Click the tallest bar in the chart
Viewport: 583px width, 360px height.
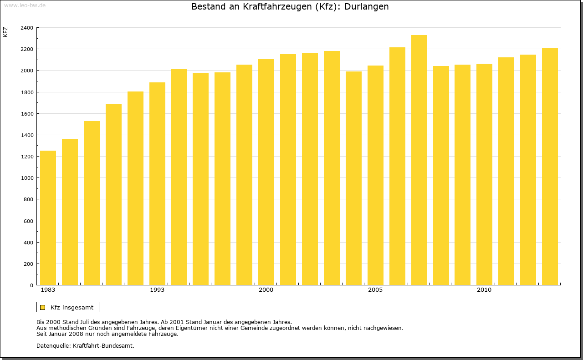pyautogui.click(x=419, y=160)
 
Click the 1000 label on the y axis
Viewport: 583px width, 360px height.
pyautogui.click(x=27, y=178)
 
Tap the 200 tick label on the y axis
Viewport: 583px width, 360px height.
pyautogui.click(x=28, y=264)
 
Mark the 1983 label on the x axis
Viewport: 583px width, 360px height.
pyautogui.click(x=48, y=290)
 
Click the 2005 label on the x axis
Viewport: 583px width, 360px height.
pyautogui.click(x=375, y=290)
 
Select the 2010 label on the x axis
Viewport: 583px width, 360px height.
pyautogui.click(x=484, y=290)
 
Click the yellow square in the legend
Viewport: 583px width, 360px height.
pyautogui.click(x=43, y=307)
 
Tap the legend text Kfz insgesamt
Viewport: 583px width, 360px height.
pyautogui.click(x=72, y=307)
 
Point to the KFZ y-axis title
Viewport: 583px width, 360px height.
pyautogui.click(x=5, y=32)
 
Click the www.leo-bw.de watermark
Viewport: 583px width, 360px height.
pyautogui.click(x=25, y=5)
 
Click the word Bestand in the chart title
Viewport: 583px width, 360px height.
pyautogui.click(x=207, y=7)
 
